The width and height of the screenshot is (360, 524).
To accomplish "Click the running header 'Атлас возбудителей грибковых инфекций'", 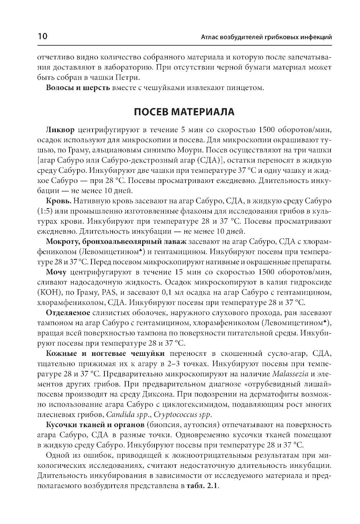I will (x=266, y=37).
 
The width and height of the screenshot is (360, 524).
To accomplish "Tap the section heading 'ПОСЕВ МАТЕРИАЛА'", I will (x=184, y=112).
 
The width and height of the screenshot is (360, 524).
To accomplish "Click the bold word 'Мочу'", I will (x=57, y=271).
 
